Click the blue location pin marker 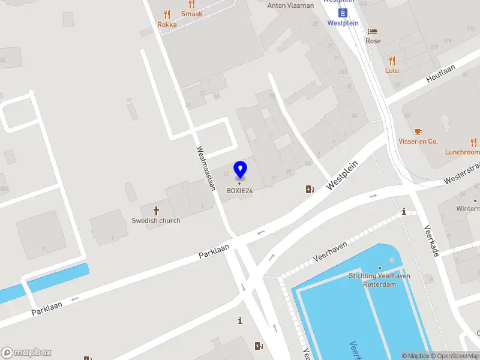(240, 169)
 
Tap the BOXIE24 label (240, 191)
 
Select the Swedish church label (156, 220)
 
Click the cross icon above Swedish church (157, 211)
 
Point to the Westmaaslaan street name (205, 169)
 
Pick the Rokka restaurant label (167, 25)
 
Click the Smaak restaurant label (192, 14)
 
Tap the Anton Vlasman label (290, 5)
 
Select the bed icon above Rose (373, 31)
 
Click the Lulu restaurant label (392, 70)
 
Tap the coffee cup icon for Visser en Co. (418, 131)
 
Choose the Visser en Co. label (418, 142)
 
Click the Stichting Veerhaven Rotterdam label (380, 280)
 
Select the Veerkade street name (432, 240)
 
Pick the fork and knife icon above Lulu (392, 61)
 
